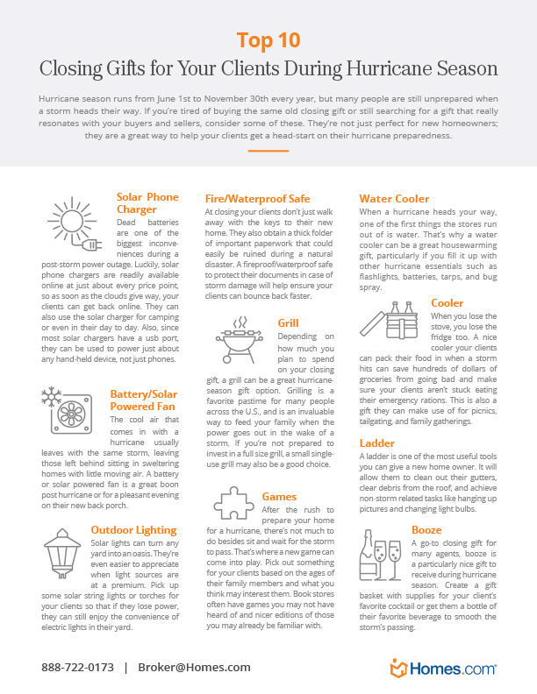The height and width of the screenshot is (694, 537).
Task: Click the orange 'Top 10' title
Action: (x=268, y=40)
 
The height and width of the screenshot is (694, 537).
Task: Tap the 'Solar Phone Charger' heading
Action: (x=147, y=203)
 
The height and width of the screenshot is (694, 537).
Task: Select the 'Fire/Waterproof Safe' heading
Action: (x=257, y=199)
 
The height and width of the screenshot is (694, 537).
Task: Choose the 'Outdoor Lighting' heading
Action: (x=133, y=529)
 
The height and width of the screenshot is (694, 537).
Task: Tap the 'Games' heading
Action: (x=279, y=497)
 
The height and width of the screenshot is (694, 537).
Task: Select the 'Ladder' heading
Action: (x=377, y=443)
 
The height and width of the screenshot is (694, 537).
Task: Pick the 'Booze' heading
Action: (x=426, y=529)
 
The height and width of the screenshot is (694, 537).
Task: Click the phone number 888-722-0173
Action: (x=77, y=667)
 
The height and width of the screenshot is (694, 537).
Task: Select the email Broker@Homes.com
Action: (x=193, y=667)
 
